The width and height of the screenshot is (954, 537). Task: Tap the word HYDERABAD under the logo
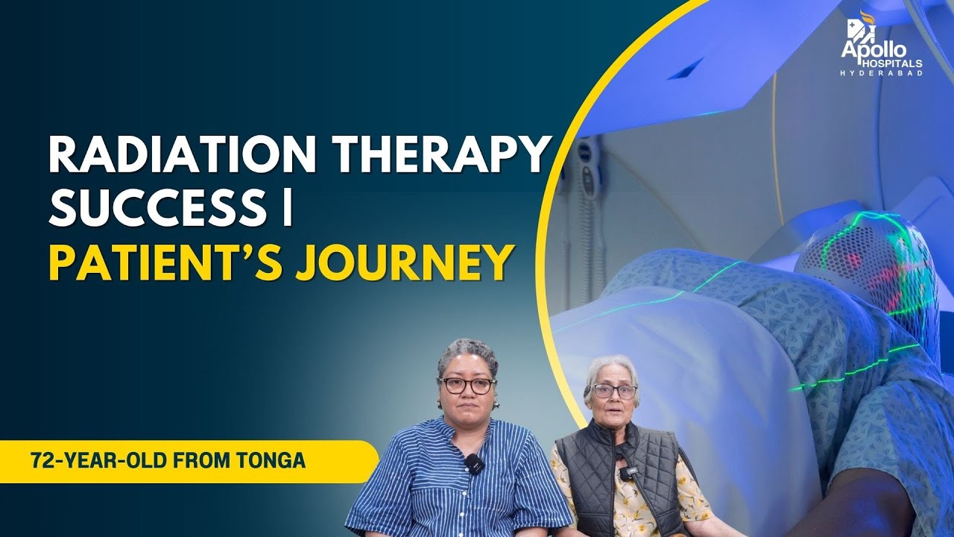[882, 74]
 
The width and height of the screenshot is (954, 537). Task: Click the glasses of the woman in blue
[467, 386]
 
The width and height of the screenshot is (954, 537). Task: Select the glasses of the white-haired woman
[614, 391]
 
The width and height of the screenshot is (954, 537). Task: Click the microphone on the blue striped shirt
[473, 464]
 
